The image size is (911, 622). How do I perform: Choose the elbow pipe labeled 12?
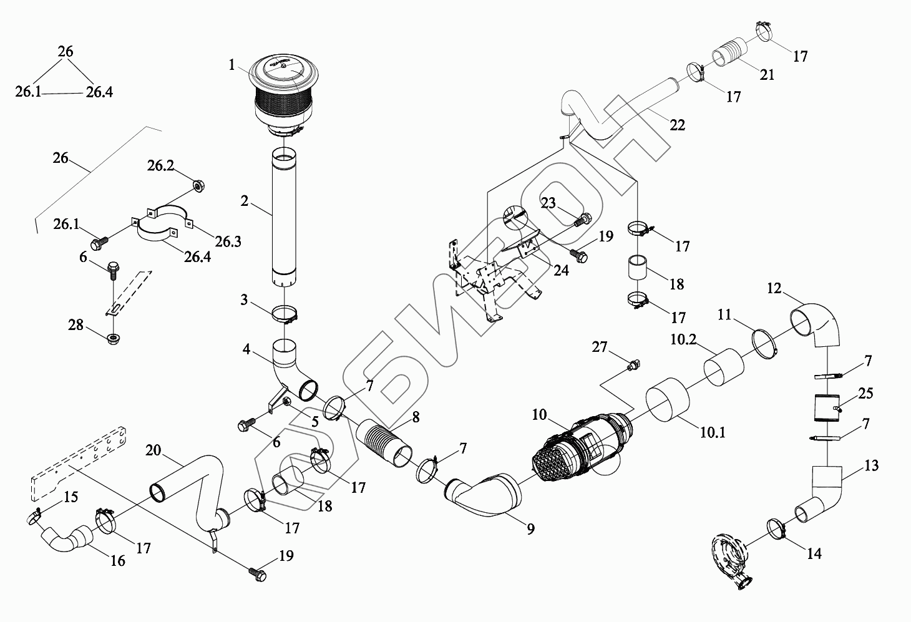817,325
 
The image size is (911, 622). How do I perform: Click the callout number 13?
871,465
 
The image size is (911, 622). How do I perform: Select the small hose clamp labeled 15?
34,517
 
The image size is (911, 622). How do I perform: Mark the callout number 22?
677,125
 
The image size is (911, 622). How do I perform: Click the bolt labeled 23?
583,220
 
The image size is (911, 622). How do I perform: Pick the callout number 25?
865,394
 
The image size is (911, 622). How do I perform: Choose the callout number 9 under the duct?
530,529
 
